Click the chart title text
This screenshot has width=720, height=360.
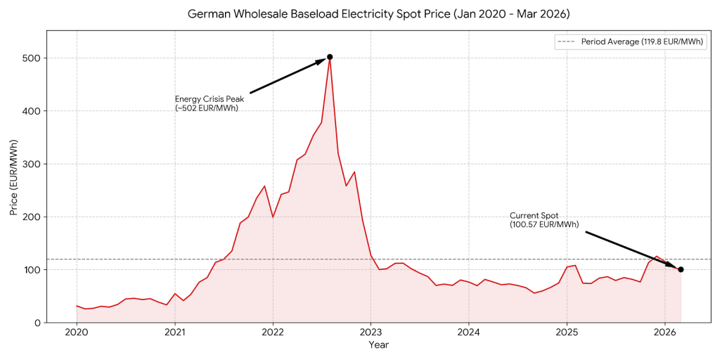pyautogui.click(x=378, y=14)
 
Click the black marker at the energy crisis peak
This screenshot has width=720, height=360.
pyautogui.click(x=330, y=57)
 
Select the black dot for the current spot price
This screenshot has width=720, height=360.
pyautogui.click(x=681, y=269)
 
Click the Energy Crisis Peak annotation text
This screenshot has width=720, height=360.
pyautogui.click(x=209, y=103)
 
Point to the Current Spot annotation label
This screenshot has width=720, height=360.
pyautogui.click(x=544, y=220)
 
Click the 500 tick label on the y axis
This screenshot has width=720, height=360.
pyautogui.click(x=31, y=58)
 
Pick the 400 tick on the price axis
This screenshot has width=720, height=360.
pyautogui.click(x=31, y=111)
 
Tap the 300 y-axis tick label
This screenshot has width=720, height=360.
pyautogui.click(x=31, y=164)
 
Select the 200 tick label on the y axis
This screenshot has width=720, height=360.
pyautogui.click(x=31, y=217)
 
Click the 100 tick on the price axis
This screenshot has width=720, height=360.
pyautogui.click(x=31, y=270)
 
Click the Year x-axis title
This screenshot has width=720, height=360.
pyautogui.click(x=378, y=345)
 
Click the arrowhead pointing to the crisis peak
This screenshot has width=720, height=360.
pyautogui.click(x=320, y=62)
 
